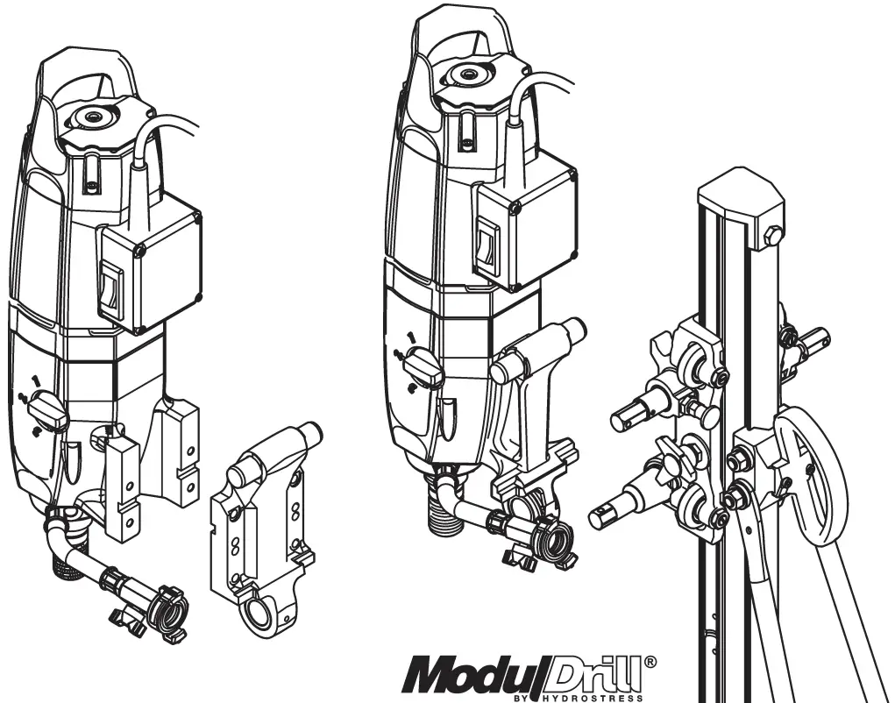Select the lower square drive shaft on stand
(x=608, y=515)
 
